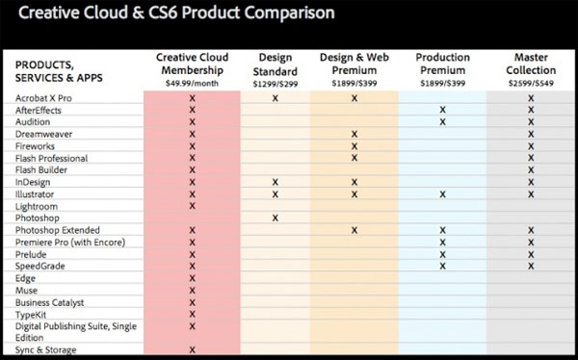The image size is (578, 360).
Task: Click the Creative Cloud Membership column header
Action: (192, 64)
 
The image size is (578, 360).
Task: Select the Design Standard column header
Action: (276, 64)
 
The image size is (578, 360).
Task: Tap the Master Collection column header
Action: (531, 64)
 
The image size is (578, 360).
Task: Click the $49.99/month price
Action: (192, 84)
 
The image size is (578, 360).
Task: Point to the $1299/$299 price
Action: (276, 84)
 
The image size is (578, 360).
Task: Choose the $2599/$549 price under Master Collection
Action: (531, 84)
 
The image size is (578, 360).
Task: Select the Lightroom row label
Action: (38, 206)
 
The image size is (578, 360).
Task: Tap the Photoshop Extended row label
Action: (56, 230)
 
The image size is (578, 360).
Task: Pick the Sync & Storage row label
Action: (46, 349)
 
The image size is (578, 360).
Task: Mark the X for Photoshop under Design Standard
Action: (276, 219)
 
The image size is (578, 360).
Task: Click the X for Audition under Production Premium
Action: (443, 122)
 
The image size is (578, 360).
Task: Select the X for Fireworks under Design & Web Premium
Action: (355, 146)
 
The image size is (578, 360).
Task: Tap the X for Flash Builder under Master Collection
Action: (531, 170)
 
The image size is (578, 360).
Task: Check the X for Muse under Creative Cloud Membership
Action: (192, 290)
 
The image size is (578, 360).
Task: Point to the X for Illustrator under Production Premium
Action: (443, 194)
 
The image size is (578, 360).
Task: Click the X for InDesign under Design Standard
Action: (276, 182)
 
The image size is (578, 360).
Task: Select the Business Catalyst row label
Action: (51, 301)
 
